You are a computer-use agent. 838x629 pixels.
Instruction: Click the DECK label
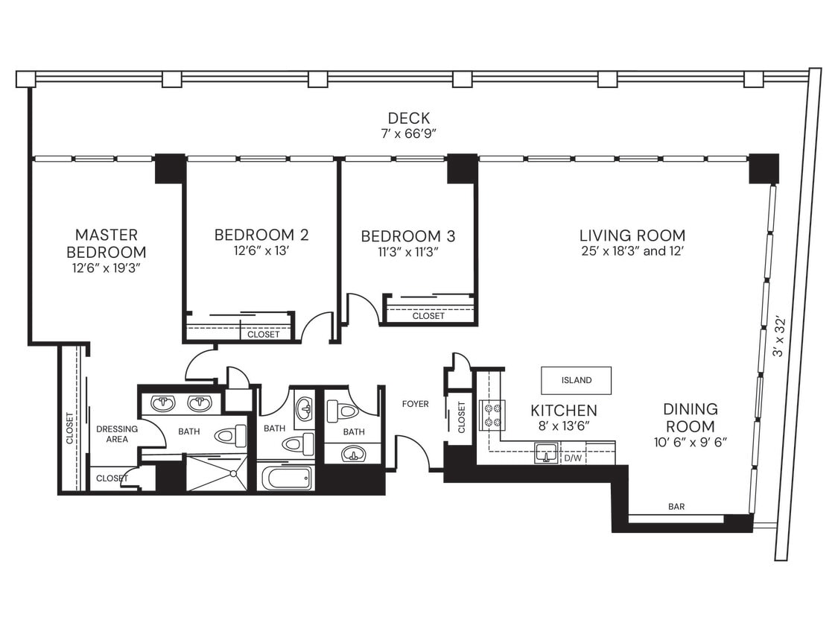(409, 118)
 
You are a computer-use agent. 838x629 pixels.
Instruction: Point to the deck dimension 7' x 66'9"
(409, 134)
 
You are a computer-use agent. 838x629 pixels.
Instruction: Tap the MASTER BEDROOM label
(106, 244)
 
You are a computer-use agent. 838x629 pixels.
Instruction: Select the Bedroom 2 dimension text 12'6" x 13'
(261, 252)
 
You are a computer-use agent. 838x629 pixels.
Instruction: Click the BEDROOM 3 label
(407, 236)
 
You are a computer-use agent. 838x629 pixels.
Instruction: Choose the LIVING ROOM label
(632, 236)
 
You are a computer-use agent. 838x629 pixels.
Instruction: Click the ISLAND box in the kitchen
(576, 380)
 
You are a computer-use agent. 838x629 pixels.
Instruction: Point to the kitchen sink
(547, 452)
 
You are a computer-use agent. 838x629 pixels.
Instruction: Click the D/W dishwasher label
(572, 458)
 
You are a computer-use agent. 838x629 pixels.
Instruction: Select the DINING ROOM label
(691, 418)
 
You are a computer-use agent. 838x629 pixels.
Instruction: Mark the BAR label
(676, 507)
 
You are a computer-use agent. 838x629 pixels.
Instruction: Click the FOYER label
(415, 404)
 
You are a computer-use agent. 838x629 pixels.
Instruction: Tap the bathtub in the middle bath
(286, 477)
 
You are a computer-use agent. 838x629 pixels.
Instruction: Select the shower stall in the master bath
(216, 475)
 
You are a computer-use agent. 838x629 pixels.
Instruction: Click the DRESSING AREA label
(117, 434)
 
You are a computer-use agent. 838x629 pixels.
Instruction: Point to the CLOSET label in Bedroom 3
(428, 316)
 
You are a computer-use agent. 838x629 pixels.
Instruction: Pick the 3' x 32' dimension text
(780, 335)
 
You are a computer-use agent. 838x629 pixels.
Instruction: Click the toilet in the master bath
(230, 436)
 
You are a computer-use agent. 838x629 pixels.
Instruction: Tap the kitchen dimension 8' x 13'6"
(563, 427)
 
